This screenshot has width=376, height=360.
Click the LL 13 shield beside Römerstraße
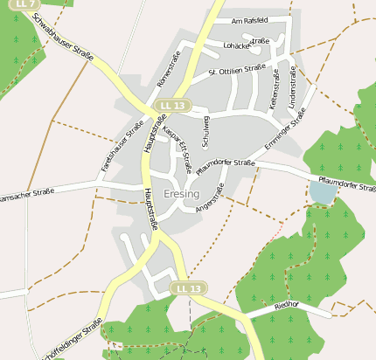click(x=172, y=106)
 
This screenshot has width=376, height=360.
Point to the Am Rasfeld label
click(x=249, y=20)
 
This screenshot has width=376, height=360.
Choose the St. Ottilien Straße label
click(x=237, y=68)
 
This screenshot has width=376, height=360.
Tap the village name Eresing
click(x=181, y=193)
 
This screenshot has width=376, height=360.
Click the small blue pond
click(x=322, y=191)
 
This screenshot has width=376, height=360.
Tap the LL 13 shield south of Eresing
click(x=188, y=288)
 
